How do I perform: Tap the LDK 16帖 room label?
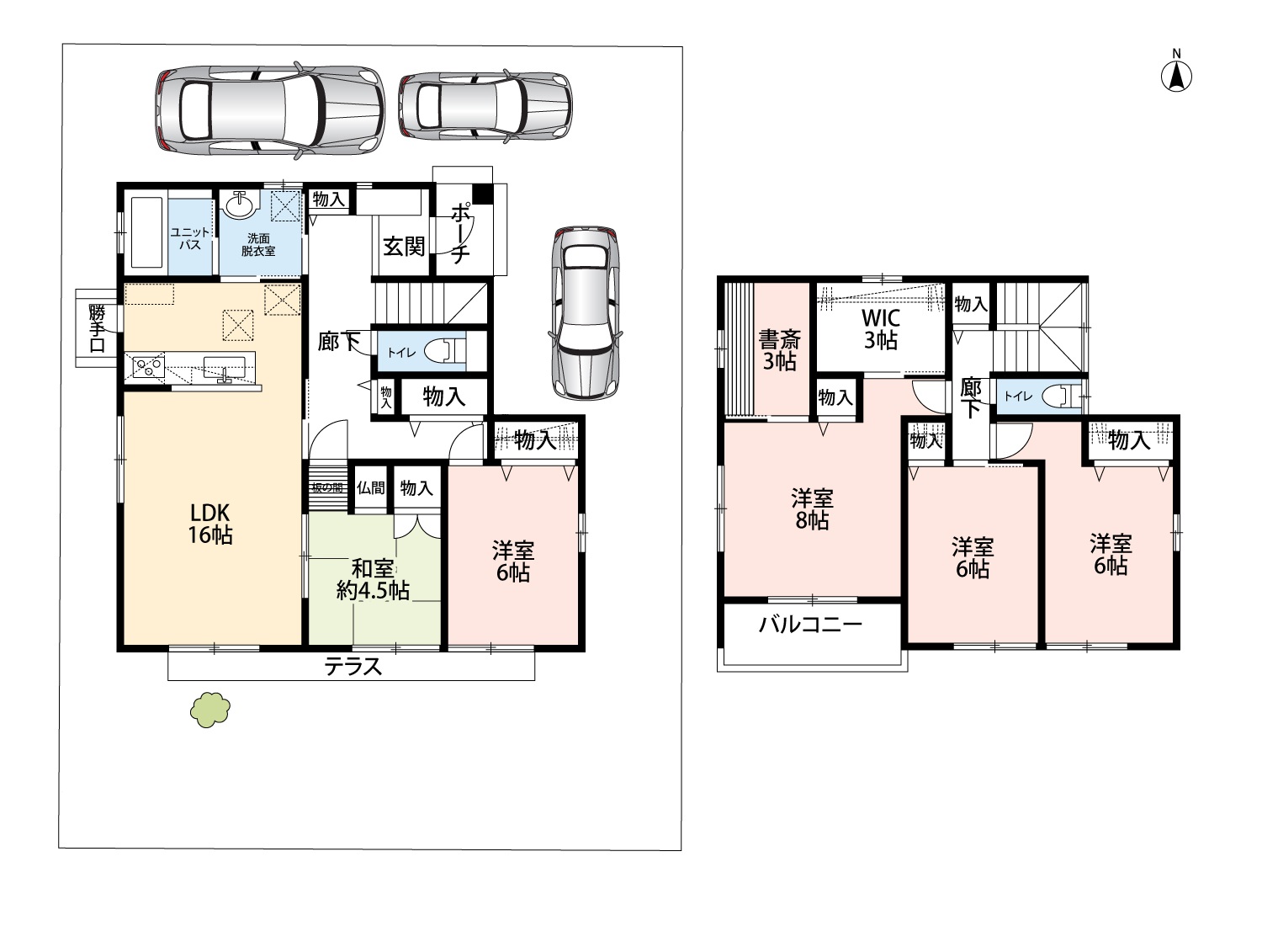(x=209, y=524)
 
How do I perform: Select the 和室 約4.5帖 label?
(x=373, y=579)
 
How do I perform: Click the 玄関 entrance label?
(x=404, y=247)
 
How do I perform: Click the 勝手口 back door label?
(x=97, y=328)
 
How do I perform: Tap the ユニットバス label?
(x=190, y=238)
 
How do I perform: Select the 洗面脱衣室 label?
(x=258, y=245)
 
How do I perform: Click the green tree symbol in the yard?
(x=210, y=709)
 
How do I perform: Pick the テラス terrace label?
(x=353, y=667)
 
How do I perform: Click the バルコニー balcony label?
(x=810, y=625)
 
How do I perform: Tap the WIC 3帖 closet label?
(x=881, y=329)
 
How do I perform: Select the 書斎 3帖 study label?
(x=780, y=350)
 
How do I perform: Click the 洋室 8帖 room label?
(x=812, y=509)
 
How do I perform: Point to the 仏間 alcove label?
(x=371, y=488)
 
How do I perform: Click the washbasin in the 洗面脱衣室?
(x=241, y=204)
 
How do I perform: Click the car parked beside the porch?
(x=586, y=313)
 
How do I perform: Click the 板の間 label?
(x=327, y=488)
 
